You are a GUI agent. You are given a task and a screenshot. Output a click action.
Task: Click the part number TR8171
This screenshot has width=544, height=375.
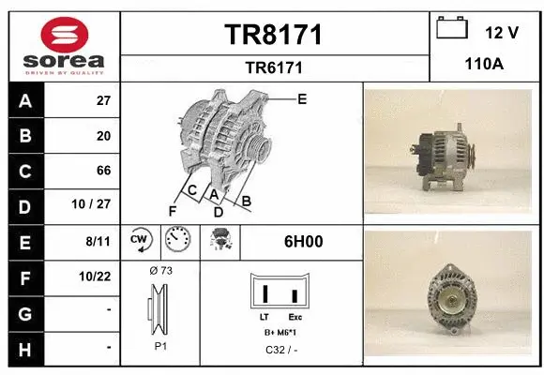[274, 36]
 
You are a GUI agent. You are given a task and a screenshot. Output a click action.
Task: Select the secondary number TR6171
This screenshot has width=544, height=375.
[274, 67]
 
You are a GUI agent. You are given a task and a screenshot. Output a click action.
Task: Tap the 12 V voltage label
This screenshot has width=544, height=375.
[502, 32]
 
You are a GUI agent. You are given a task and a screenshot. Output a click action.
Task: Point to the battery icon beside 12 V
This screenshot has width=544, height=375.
[453, 28]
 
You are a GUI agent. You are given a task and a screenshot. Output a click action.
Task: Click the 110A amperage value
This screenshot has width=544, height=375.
[485, 67]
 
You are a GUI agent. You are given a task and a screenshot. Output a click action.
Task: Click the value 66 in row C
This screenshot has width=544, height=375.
[104, 171]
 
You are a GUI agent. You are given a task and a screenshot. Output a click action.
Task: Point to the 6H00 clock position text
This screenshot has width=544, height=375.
[304, 242]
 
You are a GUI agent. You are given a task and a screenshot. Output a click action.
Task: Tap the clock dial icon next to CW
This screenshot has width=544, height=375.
[179, 242]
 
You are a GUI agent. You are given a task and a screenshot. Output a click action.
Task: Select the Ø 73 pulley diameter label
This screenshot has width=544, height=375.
[160, 270]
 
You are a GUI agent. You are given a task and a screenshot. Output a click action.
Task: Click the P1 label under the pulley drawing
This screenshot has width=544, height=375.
[160, 345]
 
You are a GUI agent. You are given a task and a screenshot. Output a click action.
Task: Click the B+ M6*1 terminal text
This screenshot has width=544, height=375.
[280, 333]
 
